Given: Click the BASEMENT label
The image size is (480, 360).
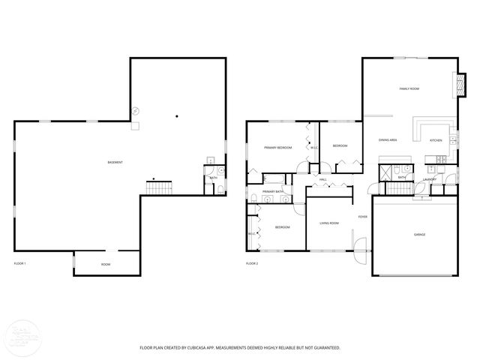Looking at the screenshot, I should click(115, 163).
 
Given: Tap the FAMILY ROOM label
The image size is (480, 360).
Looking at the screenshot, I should click(409, 88).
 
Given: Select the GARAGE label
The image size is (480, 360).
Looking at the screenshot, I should click(419, 235).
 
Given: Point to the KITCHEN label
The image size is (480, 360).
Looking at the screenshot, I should click(436, 140).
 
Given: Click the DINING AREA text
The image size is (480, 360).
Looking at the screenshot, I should click(388, 140).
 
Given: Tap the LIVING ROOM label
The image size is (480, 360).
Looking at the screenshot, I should click(329, 223).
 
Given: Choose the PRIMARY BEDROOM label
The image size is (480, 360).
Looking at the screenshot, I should click(277, 148).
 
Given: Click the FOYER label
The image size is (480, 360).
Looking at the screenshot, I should click(362, 217).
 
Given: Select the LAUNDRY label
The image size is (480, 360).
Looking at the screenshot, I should click(430, 179).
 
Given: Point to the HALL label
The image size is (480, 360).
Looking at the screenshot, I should click(322, 179).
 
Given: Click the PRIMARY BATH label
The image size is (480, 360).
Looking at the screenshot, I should click(273, 192).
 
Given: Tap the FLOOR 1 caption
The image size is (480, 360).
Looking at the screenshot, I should click(20, 264).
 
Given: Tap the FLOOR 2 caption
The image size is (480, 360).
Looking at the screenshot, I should click(252, 264).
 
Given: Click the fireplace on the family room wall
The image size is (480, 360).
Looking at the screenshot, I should click(452, 85).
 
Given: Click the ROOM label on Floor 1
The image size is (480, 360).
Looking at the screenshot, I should click(106, 264).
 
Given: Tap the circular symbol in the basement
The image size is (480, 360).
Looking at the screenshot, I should click(136, 110).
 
